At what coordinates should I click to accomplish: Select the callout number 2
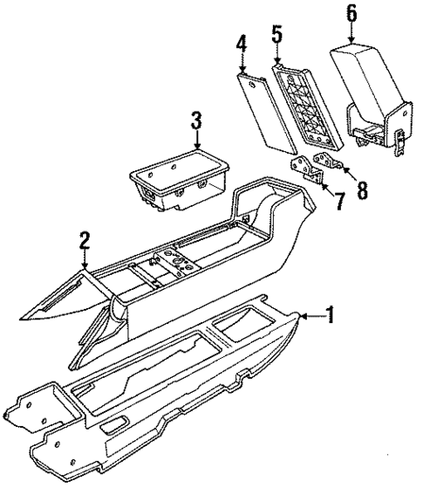[85, 239]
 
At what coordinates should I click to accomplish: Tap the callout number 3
[197, 120]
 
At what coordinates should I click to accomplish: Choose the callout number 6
[351, 14]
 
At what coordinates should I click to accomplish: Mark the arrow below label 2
[85, 258]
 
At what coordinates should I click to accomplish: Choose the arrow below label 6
[351, 33]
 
